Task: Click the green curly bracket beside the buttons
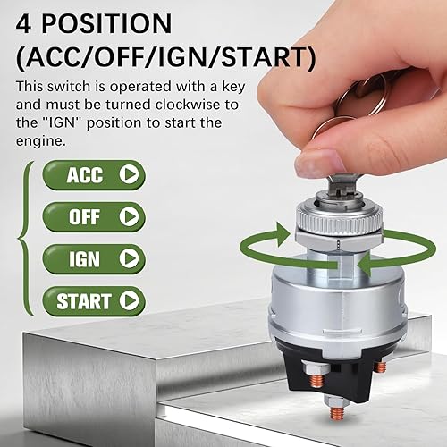[27, 237]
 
